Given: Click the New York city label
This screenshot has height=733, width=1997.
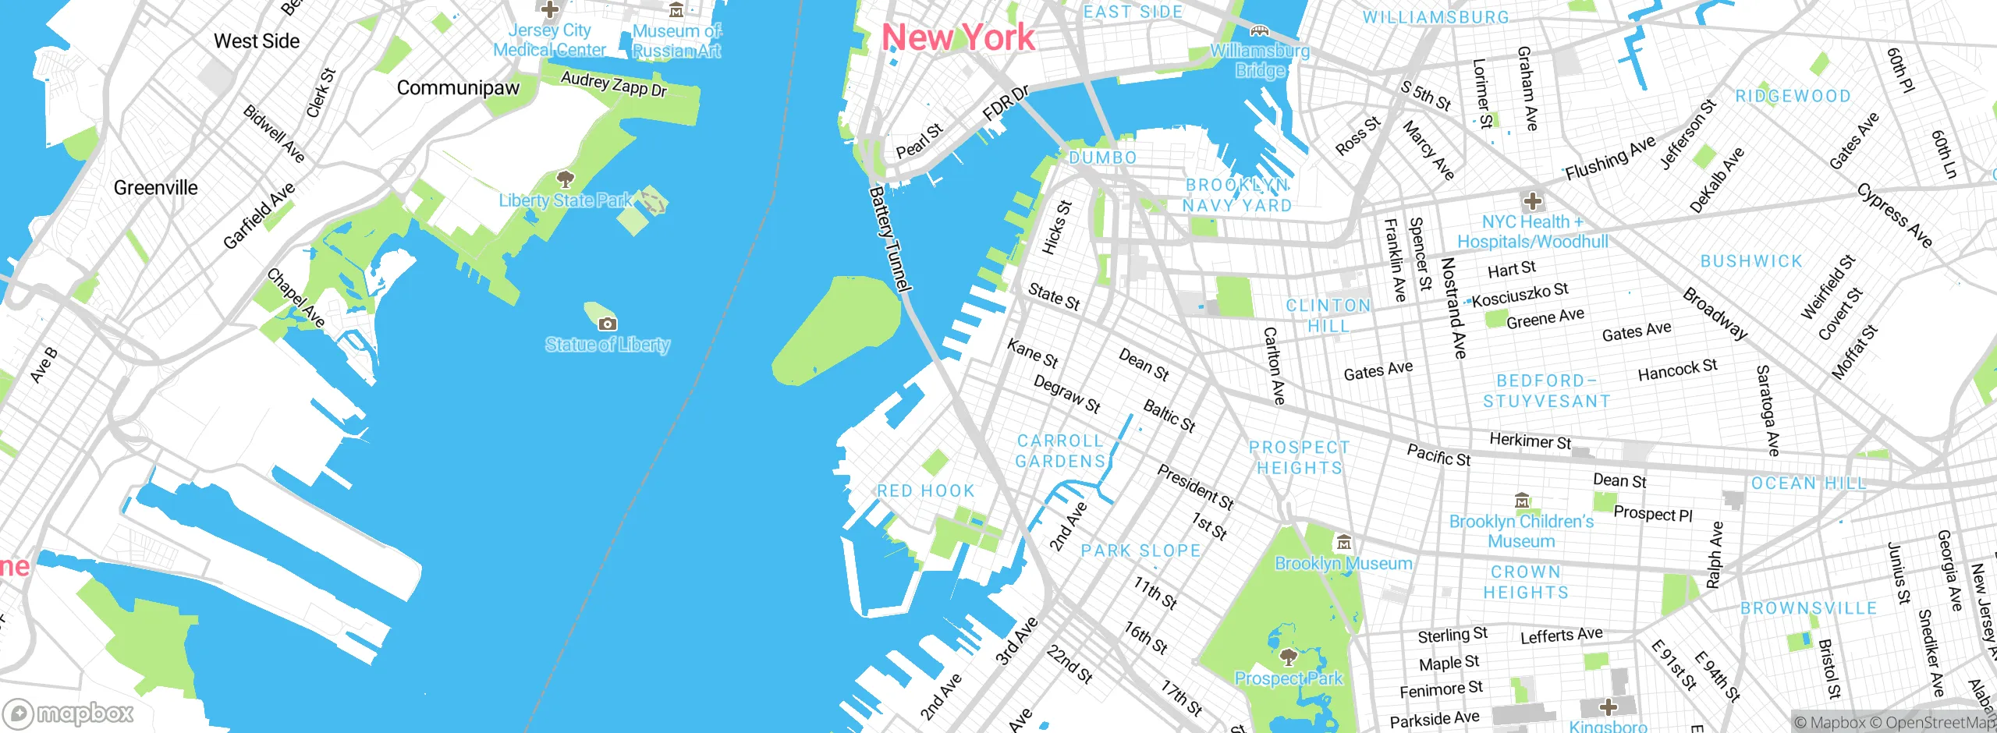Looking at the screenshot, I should point(958,37).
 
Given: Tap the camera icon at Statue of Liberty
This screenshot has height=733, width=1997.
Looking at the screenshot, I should point(607,324).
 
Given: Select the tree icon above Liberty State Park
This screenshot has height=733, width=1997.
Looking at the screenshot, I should point(565,180).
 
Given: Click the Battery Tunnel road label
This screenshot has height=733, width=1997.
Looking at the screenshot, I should point(890,239).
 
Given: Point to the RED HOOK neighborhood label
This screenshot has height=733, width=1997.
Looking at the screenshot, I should point(926,491).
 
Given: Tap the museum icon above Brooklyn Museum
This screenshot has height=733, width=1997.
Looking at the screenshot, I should point(1343,543).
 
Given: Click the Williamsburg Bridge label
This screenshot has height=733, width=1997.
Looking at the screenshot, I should point(1260,61).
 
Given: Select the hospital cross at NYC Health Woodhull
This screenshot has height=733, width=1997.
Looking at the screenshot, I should point(1532,201).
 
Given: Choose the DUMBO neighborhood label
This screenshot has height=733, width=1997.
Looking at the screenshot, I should point(1102,158).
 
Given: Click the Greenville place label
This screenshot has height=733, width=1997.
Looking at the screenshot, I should point(156,188).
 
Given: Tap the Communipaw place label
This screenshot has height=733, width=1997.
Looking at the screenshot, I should point(458,88).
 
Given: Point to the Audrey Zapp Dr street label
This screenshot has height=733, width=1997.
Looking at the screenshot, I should point(614,84).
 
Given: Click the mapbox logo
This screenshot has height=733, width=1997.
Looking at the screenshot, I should point(69,713).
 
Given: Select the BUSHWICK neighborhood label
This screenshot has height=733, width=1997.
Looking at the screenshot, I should point(1751,261).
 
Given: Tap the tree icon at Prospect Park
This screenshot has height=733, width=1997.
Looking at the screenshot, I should point(1289,657).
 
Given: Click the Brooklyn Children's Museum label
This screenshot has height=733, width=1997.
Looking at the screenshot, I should point(1521,531).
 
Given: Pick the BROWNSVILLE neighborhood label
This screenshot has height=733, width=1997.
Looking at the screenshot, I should point(1808,608).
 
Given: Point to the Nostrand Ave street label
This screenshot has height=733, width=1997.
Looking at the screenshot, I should point(1453,308).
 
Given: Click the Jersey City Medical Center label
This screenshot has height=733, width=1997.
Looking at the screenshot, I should point(549,41).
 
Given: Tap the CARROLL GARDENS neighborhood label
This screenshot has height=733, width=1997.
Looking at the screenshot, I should point(1060,451).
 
